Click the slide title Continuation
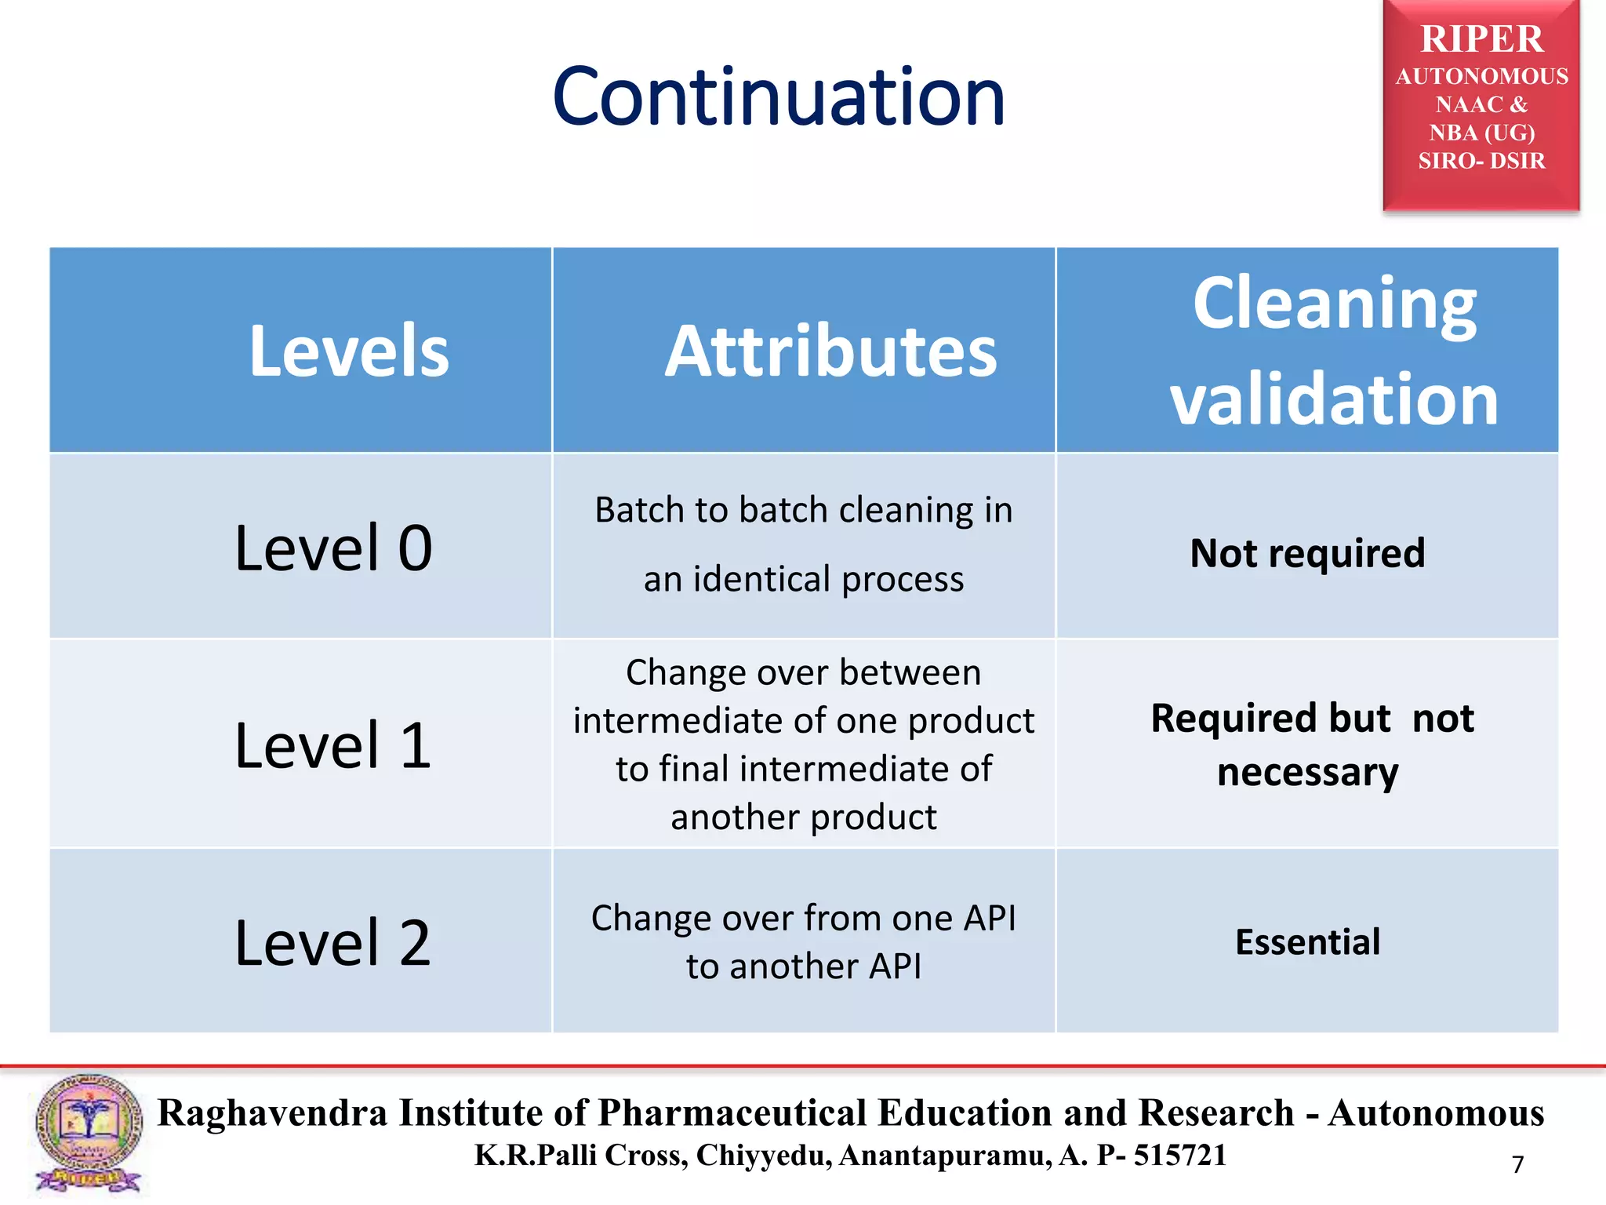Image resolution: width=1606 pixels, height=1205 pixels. point(778,97)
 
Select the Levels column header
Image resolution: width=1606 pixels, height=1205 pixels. point(349,351)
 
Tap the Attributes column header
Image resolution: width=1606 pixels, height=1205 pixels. point(830,351)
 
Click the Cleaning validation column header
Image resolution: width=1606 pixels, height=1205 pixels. point(1333,351)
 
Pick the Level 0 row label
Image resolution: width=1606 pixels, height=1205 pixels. point(333,548)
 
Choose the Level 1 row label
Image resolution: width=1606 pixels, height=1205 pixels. point(333,744)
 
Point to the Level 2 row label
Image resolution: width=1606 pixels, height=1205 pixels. point(333,942)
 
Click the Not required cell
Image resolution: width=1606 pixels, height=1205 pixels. point(1307,553)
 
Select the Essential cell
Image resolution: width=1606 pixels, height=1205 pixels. point(1307,942)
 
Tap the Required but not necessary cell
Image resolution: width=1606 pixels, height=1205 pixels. point(1311,744)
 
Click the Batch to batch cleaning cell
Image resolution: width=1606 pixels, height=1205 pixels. point(803,544)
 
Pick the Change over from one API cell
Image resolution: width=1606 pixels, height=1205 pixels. point(803,941)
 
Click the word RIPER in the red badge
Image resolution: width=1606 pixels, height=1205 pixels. point(1481,39)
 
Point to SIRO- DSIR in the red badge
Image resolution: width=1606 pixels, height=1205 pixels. point(1481,161)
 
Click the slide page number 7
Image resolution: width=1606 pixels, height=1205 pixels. point(1517,1164)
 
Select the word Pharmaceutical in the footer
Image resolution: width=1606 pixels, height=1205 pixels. point(732,1113)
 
